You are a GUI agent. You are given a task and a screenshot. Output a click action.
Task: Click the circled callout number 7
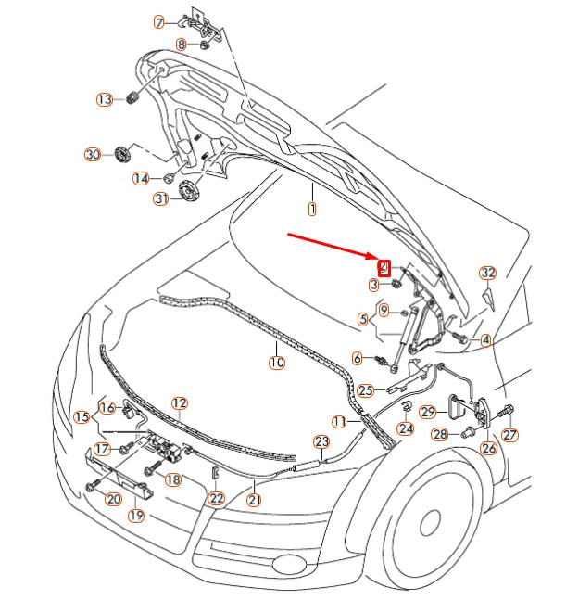[159, 22]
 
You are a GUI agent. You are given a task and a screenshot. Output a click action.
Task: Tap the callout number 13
[105, 99]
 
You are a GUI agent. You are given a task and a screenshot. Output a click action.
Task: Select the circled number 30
[93, 155]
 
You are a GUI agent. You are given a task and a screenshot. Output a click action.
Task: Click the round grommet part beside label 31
[190, 190]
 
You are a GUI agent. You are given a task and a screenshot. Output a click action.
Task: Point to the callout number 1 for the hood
[312, 209]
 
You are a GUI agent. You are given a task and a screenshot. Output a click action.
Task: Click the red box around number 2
[384, 267]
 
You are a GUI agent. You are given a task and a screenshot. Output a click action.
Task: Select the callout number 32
[488, 273]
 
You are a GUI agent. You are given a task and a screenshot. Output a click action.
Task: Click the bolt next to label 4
[459, 338]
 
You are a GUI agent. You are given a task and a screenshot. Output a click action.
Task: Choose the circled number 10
[277, 362]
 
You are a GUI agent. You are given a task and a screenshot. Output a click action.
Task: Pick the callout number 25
[365, 390]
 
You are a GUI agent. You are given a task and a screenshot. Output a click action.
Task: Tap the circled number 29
[428, 412]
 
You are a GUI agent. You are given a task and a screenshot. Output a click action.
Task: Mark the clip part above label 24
[407, 406]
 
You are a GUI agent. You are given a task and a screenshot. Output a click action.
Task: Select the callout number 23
[321, 441]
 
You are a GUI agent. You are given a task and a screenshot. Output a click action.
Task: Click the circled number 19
[136, 515]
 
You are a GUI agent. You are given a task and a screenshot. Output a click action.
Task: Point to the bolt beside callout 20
[92, 485]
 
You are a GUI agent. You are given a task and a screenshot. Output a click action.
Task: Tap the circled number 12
[180, 403]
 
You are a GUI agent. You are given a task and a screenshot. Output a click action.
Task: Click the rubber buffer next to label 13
[132, 97]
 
